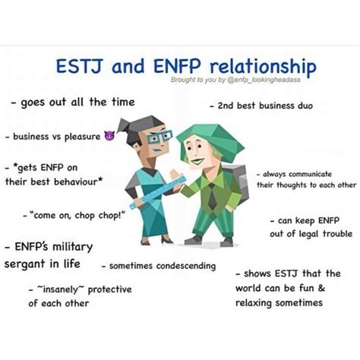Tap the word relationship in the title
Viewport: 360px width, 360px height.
pos(263,67)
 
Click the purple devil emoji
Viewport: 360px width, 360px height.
pos(109,136)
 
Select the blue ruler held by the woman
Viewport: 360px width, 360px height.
pos(158,192)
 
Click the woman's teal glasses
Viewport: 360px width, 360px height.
pos(159,137)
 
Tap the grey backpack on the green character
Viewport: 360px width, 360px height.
pos(237,182)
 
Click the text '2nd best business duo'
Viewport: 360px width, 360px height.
pos(262,106)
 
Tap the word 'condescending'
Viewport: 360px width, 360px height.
pos(186,266)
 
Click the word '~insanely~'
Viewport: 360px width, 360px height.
pos(61,289)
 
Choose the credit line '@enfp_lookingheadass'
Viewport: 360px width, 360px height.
pos(264,80)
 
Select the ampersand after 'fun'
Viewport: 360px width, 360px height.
pos(321,288)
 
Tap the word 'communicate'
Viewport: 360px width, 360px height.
pos(310,174)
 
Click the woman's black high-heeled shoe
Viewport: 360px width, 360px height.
pos(167,239)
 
